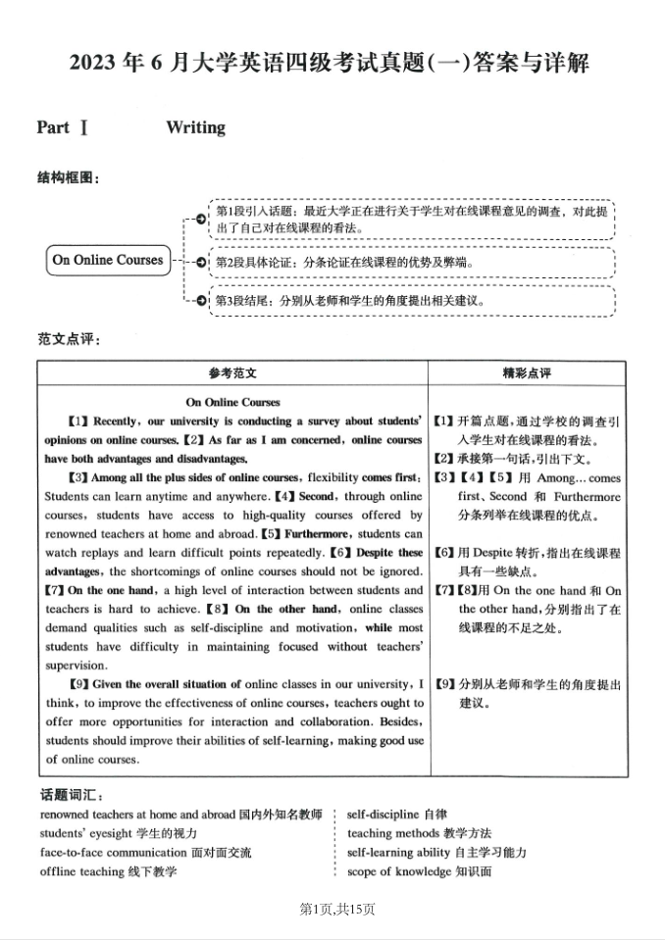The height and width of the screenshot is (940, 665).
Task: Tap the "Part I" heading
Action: tap(64, 127)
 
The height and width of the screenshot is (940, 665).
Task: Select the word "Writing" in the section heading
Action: tap(195, 127)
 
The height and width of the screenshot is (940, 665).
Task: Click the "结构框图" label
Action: tap(68, 177)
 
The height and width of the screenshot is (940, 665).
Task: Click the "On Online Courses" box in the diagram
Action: tap(108, 261)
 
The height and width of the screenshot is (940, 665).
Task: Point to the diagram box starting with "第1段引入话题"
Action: tap(412, 220)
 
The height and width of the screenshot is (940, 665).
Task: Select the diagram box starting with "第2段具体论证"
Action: tap(412, 263)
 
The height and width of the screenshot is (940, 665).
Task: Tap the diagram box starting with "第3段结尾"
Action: tap(412, 301)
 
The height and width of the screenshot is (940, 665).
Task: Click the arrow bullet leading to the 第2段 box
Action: tap(200, 263)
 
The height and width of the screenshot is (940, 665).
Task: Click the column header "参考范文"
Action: tap(232, 373)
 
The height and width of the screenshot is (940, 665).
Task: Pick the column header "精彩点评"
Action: tap(527, 373)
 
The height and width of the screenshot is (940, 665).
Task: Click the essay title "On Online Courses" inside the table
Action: tap(232, 402)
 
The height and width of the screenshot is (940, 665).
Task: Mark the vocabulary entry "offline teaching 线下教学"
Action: tap(109, 871)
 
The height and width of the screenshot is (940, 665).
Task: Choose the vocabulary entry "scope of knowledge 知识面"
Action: tap(419, 871)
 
